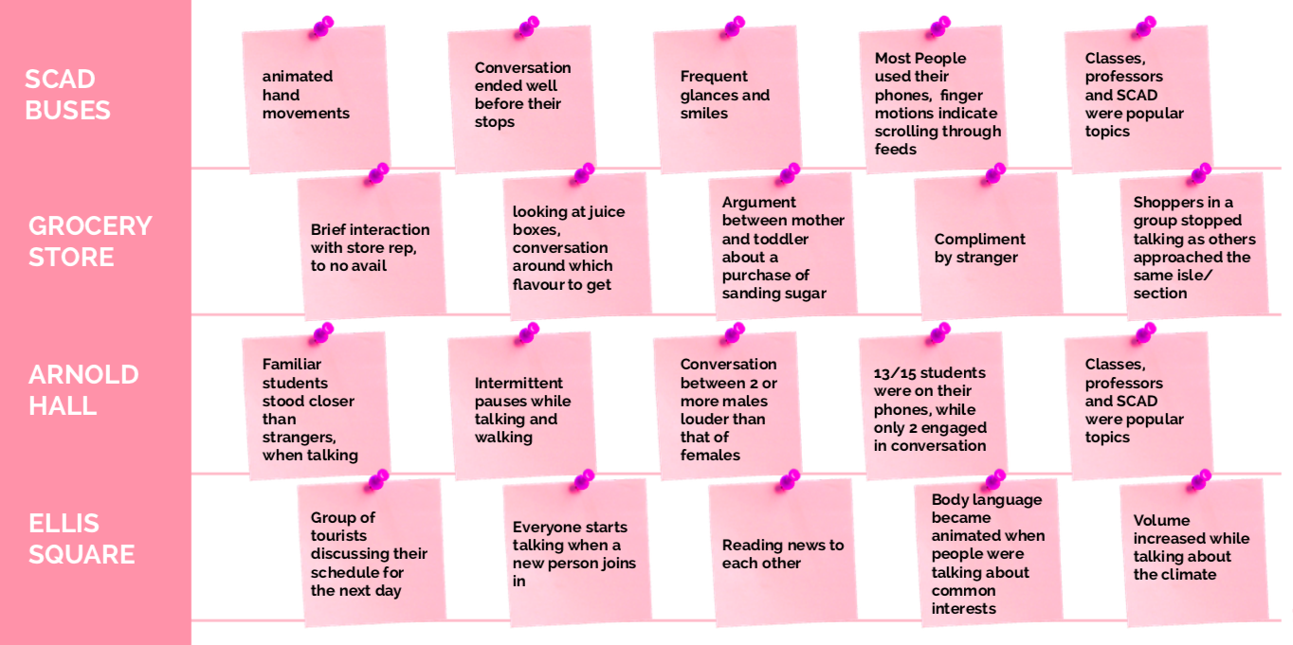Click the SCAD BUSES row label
click(x=67, y=95)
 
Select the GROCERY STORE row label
click(x=90, y=242)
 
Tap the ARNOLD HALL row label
click(x=83, y=389)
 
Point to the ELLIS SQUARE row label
click(x=82, y=538)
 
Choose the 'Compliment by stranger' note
click(x=986, y=248)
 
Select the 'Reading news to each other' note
click(x=782, y=554)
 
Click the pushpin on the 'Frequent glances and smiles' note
click(x=733, y=27)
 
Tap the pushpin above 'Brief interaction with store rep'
click(x=376, y=174)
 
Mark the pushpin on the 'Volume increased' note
click(x=1198, y=480)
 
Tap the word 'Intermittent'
click(x=519, y=383)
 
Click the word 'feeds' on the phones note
click(x=895, y=149)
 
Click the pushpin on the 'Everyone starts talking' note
click(x=581, y=480)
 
